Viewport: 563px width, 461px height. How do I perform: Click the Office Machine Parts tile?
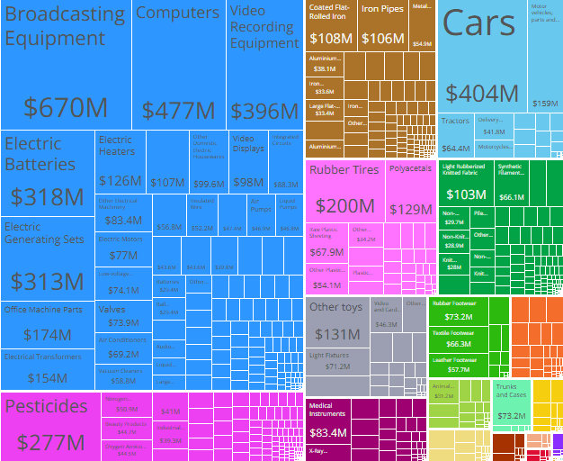47,324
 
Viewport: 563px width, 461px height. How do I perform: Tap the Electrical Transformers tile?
47,369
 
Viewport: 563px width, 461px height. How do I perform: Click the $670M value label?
66,108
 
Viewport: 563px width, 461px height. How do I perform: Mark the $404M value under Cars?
482,94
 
